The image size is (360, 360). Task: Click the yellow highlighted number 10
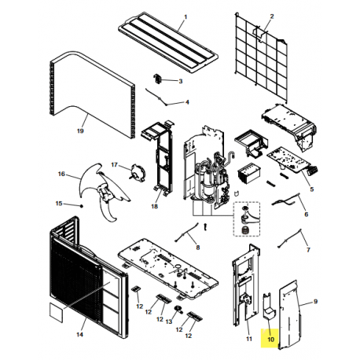point(270,340)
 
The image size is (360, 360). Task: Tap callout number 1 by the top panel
point(186,17)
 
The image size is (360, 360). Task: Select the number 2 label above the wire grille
point(272,17)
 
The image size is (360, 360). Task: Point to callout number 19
point(79,133)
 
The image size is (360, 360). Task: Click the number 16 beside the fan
point(61,174)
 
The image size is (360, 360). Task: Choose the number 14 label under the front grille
point(79,335)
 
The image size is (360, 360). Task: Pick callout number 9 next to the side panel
point(315,301)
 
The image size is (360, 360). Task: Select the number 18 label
point(154,207)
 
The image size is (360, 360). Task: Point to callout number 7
point(307,250)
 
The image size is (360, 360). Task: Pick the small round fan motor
point(138,169)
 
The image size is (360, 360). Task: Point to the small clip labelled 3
point(156,79)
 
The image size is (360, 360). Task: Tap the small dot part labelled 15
point(81,205)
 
